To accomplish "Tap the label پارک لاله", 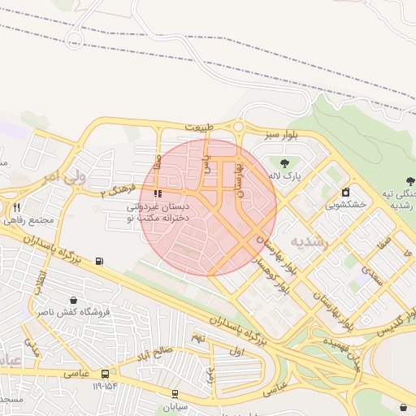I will coord(286,175).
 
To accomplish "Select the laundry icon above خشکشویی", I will coord(346,193).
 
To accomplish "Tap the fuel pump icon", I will coord(99,261).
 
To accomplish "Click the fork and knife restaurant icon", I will coord(16,208).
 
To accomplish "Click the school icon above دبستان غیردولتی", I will coord(157,193).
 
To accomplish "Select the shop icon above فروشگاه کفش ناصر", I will coord(74,300).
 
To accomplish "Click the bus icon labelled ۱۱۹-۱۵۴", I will coord(106,374).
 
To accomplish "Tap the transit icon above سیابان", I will coord(175,394).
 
